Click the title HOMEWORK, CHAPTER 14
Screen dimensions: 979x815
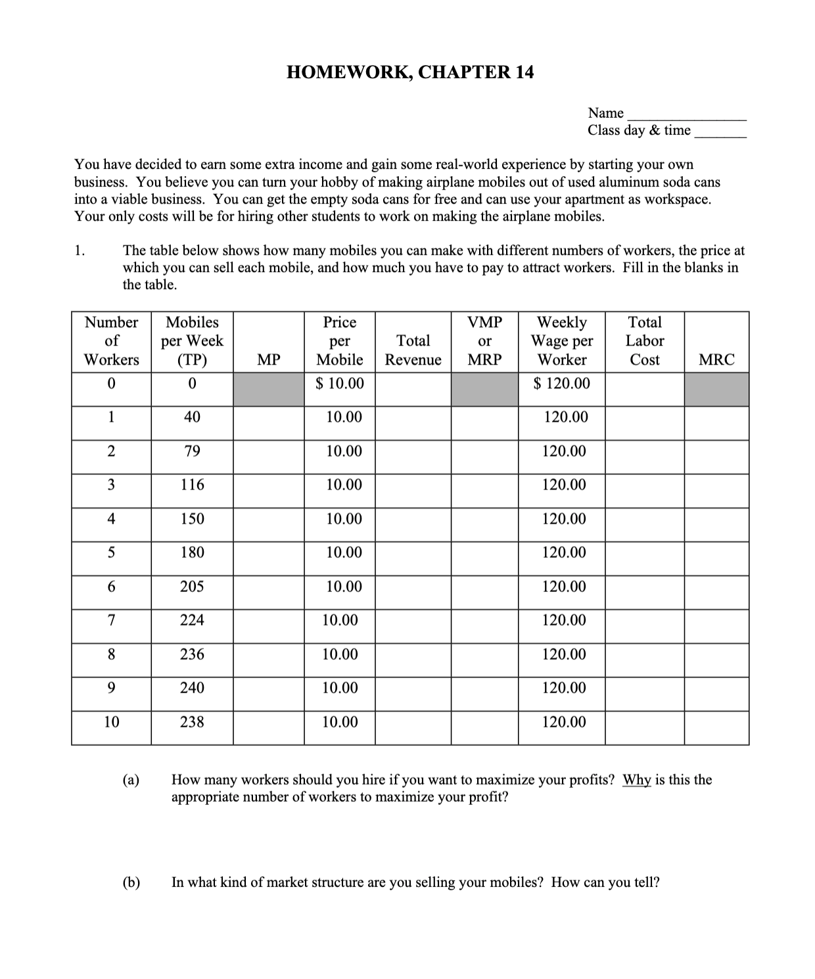click(410, 72)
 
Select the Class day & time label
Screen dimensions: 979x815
click(639, 130)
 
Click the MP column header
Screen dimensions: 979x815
click(268, 359)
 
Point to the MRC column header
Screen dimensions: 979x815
click(716, 359)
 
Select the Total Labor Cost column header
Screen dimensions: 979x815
click(644, 341)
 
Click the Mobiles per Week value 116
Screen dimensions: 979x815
click(192, 485)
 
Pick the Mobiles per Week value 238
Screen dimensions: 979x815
click(192, 722)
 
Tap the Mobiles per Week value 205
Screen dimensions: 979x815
click(192, 587)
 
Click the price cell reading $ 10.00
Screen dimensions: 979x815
click(340, 384)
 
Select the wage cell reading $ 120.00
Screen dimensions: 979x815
click(562, 384)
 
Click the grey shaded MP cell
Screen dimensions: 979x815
click(268, 390)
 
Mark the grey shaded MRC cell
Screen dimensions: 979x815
click(716, 390)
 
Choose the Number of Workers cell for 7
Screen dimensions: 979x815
click(111, 620)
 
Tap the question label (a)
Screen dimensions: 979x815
click(131, 780)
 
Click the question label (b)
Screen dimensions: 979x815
click(131, 882)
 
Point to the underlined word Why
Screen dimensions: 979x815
click(636, 780)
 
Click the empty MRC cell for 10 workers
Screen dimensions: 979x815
click(716, 727)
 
